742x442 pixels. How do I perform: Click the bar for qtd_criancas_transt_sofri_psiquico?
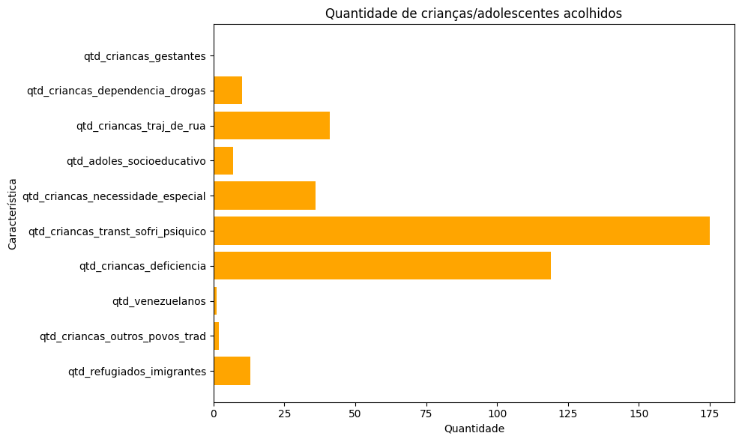pyautogui.click(x=461, y=231)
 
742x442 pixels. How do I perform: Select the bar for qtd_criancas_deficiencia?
pyautogui.click(x=381, y=266)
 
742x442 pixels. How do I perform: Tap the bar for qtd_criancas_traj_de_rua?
pyautogui.click(x=271, y=125)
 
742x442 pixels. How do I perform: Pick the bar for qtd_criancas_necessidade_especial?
pyautogui.click(x=264, y=196)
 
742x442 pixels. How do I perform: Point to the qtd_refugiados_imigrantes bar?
pyautogui.click(x=232, y=371)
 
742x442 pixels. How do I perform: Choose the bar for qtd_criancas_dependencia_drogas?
pyautogui.click(x=228, y=91)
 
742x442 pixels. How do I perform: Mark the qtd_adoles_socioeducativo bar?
pyautogui.click(x=223, y=160)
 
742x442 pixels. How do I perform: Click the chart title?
pyautogui.click(x=473, y=13)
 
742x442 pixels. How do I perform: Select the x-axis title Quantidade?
pyautogui.click(x=474, y=429)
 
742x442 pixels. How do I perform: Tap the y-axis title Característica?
pyautogui.click(x=12, y=214)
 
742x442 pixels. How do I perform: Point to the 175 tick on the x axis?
pyautogui.click(x=710, y=413)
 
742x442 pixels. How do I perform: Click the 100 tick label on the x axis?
pyautogui.click(x=497, y=413)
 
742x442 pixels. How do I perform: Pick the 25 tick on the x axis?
pyautogui.click(x=284, y=413)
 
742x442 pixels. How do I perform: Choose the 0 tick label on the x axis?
pyautogui.click(x=214, y=413)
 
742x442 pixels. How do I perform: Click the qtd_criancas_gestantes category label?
pyautogui.click(x=145, y=55)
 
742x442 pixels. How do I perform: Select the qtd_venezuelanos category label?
pyautogui.click(x=159, y=301)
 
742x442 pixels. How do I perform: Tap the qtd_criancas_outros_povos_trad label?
pyautogui.click(x=122, y=336)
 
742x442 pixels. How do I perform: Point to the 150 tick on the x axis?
pyautogui.click(x=639, y=413)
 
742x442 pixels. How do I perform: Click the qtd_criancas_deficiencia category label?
pyautogui.click(x=142, y=266)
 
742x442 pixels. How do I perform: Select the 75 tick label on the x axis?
pyautogui.click(x=426, y=413)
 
